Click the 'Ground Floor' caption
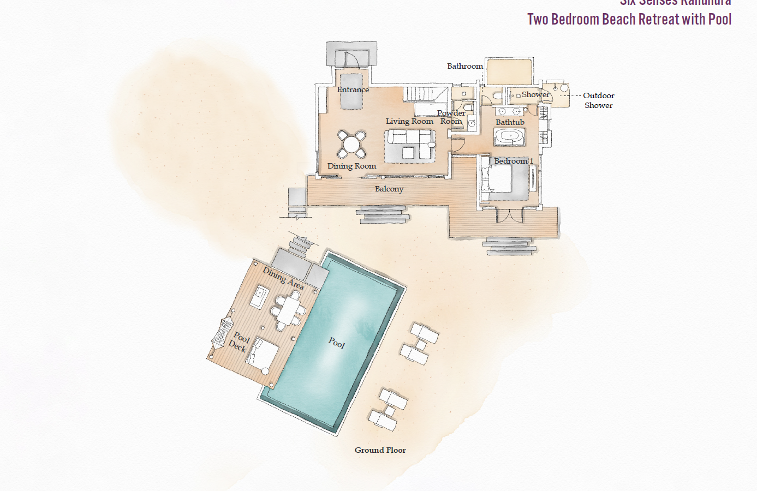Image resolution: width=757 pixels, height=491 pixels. tap(380, 450)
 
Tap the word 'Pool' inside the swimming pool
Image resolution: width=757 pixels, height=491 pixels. tap(337, 343)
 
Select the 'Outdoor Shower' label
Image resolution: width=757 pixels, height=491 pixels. tap(598, 100)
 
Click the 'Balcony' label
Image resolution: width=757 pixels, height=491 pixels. tap(389, 189)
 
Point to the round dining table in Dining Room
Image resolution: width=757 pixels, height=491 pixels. tap(351, 144)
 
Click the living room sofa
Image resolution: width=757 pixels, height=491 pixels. tap(409, 146)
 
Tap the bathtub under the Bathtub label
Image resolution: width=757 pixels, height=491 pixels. tap(510, 136)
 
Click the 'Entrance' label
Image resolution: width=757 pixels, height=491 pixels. tap(353, 89)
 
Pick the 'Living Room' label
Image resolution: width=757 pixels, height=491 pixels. tap(409, 121)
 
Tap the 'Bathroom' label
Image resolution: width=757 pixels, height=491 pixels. tap(464, 66)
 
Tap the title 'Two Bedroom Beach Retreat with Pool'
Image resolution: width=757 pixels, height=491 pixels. tap(629, 20)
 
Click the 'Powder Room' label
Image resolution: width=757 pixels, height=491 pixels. tap(451, 117)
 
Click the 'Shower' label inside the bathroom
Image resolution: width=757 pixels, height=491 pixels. tap(535, 94)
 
